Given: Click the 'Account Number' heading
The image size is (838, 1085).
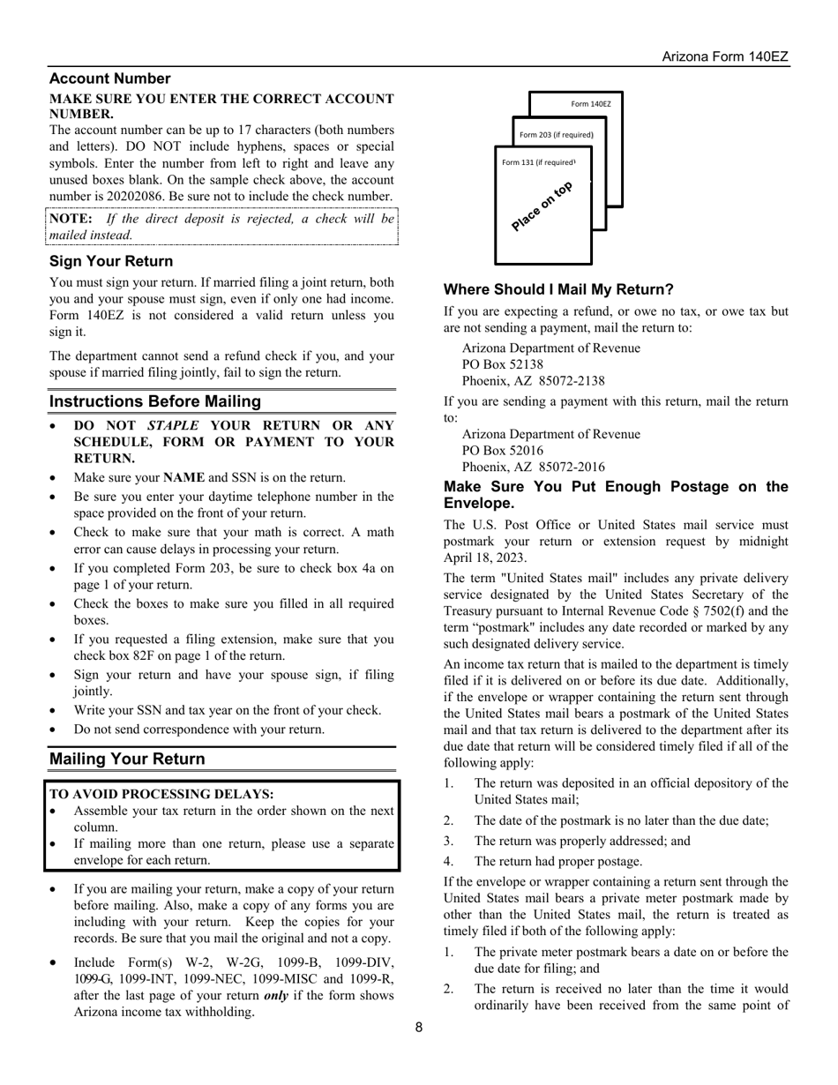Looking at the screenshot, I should (110, 79).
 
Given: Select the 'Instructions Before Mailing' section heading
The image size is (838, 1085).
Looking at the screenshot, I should (155, 401).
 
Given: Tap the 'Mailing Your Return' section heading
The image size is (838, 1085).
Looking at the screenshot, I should (127, 759).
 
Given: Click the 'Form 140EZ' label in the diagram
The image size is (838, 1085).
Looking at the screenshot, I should (590, 104).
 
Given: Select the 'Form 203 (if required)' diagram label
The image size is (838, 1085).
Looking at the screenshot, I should (556, 135).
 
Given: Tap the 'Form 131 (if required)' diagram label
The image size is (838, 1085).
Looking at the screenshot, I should (538, 162).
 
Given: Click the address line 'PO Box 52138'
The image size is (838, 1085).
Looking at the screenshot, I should (503, 364).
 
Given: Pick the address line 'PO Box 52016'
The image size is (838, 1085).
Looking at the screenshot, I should (503, 451).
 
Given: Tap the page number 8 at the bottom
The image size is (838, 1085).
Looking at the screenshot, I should (419, 1026).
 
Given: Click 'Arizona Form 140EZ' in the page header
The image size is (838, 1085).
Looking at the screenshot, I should (725, 57).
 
